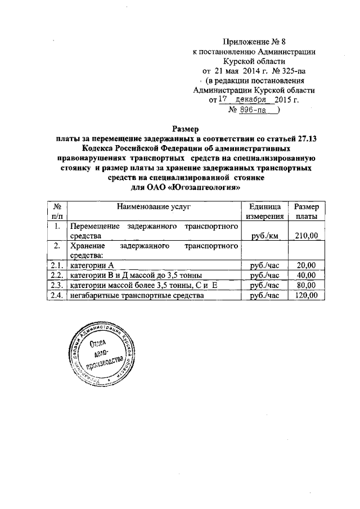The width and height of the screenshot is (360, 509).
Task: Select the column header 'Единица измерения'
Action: click(x=264, y=211)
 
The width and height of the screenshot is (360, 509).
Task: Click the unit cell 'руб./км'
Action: click(x=265, y=236)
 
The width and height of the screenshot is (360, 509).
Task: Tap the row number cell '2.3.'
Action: click(x=56, y=285)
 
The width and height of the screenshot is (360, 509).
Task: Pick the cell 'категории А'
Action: click(x=92, y=265)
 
